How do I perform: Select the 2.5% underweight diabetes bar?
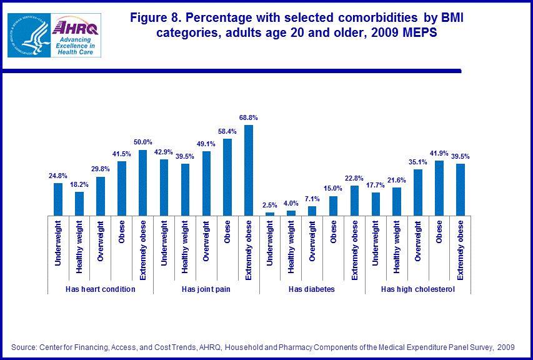pos(270,214)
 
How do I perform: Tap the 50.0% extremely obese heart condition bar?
pos(142,182)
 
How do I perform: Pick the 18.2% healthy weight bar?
pos(79,203)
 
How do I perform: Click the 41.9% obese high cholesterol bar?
pos(439,187)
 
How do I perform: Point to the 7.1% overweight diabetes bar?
pos(312,211)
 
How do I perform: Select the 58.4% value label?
pos(227,131)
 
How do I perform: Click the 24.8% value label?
pos(58,176)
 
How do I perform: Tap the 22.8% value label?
pos(354,178)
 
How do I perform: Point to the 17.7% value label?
pos(376,185)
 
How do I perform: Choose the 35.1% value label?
pos(418,162)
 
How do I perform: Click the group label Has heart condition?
pos(101,289)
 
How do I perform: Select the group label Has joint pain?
pos(206,289)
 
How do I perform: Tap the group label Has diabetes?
pos(312,289)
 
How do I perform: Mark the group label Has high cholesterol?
pos(417,289)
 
